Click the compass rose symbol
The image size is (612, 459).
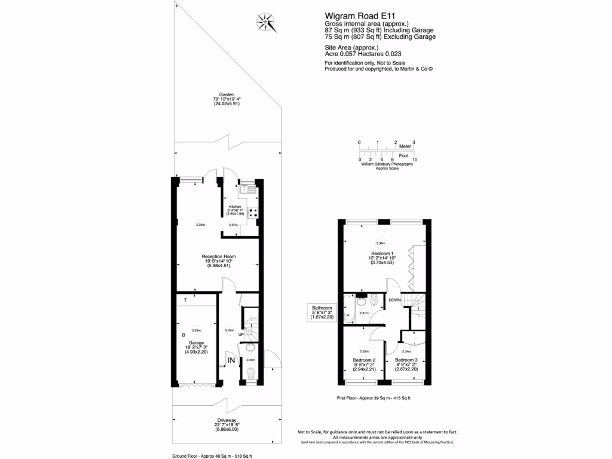coord(264,23)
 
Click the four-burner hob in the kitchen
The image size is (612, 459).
coord(253,212)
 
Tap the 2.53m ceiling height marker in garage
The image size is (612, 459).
coord(195,330)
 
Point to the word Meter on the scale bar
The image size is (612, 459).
coord(405,146)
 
